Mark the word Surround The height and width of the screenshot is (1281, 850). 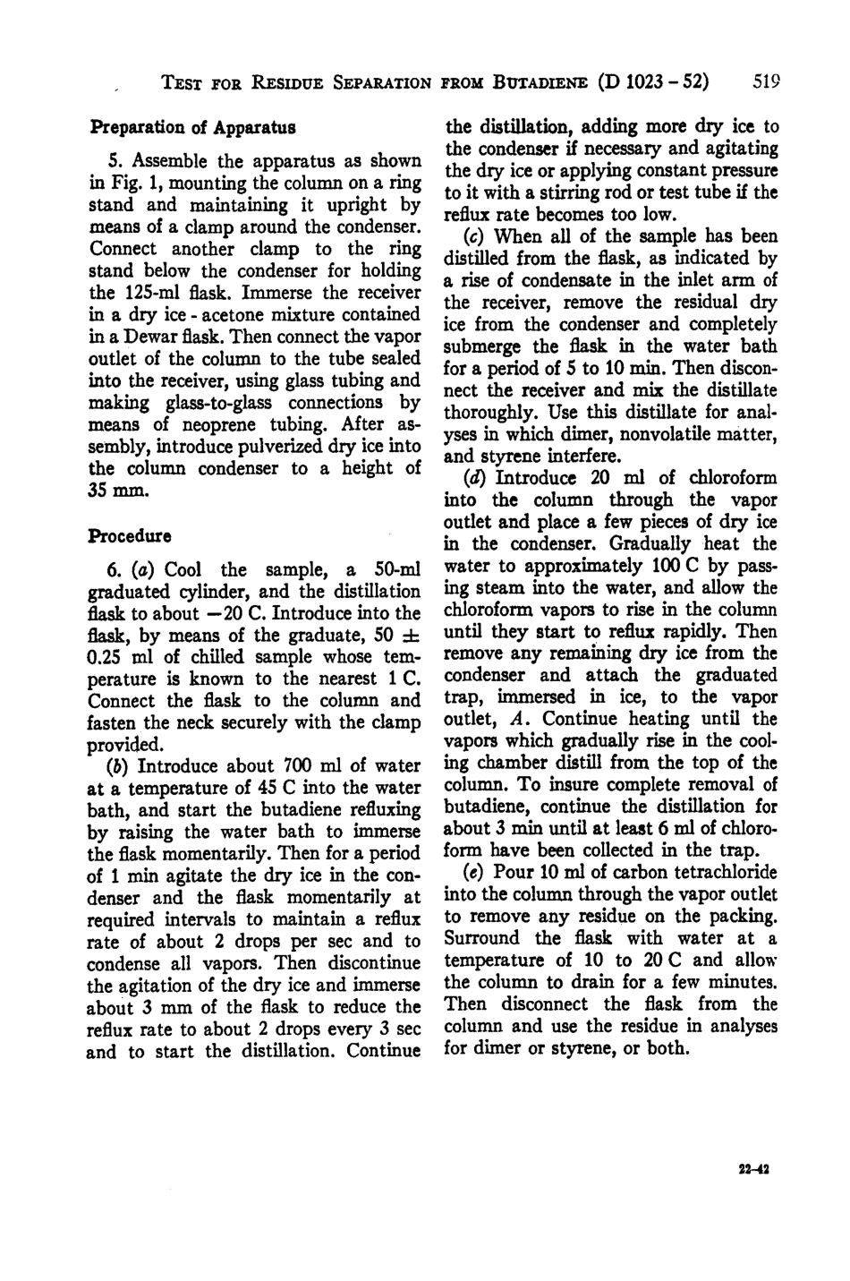(481, 937)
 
